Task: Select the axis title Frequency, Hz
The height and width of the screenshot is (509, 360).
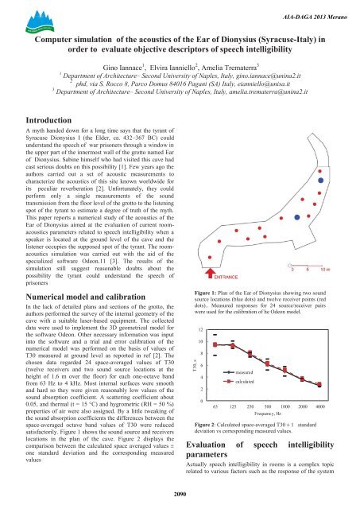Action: point(274,414)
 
